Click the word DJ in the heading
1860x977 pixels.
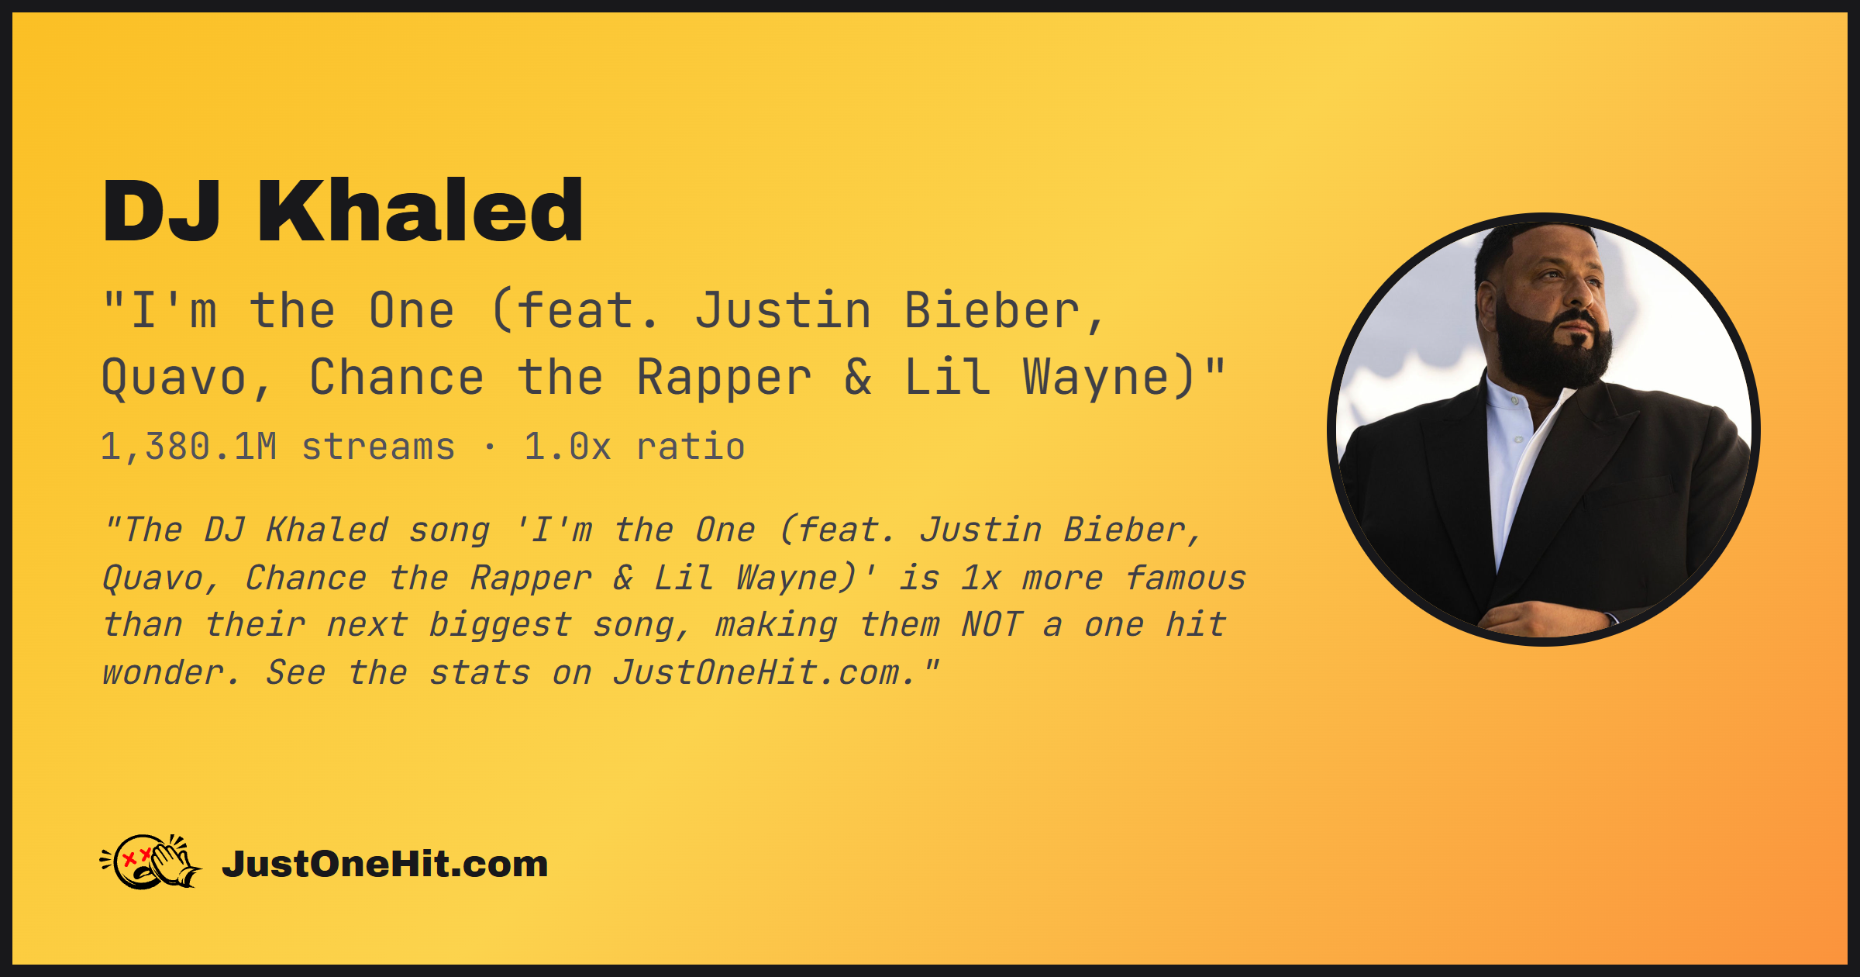point(161,211)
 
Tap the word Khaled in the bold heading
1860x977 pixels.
point(420,210)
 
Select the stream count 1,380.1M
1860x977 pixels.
point(188,447)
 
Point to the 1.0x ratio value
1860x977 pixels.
point(567,447)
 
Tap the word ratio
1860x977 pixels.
point(691,447)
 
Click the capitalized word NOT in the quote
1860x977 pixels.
point(992,625)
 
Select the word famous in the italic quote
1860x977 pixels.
point(1186,578)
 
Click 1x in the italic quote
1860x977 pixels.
point(981,578)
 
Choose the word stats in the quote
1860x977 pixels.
point(480,673)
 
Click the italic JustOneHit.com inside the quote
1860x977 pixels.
point(756,672)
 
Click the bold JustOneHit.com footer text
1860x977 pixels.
point(385,864)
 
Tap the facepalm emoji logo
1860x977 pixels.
point(151,861)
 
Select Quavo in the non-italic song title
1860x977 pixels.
point(174,378)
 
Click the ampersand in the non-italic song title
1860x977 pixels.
point(858,377)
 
